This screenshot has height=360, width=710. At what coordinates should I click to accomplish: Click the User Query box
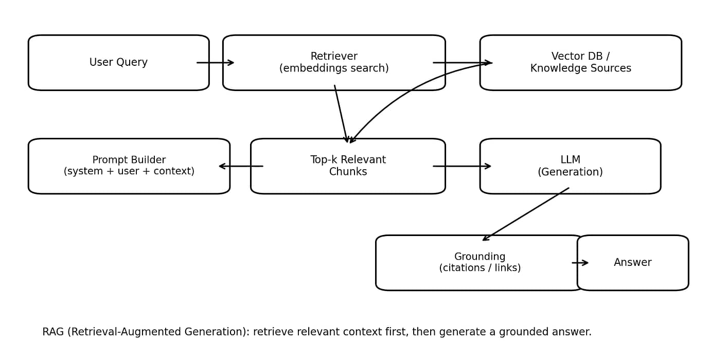[118, 63]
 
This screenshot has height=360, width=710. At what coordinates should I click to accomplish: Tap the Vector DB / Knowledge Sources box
[580, 63]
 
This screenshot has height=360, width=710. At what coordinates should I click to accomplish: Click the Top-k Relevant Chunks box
[348, 166]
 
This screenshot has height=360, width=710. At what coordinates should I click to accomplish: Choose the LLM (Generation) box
[570, 166]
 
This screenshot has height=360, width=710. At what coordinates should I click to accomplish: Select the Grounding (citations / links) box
[480, 263]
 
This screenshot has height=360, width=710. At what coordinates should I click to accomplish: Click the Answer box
[632, 263]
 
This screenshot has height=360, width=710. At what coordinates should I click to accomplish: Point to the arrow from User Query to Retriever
[216, 63]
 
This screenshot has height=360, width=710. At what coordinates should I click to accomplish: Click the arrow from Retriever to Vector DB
[462, 63]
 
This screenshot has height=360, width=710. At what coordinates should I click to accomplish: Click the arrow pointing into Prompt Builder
[241, 166]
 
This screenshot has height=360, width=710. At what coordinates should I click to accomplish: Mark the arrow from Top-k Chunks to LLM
[462, 166]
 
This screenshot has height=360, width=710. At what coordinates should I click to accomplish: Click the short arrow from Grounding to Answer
[580, 263]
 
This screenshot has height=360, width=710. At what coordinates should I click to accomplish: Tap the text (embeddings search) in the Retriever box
[334, 69]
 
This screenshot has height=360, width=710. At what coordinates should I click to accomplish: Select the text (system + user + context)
[129, 172]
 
